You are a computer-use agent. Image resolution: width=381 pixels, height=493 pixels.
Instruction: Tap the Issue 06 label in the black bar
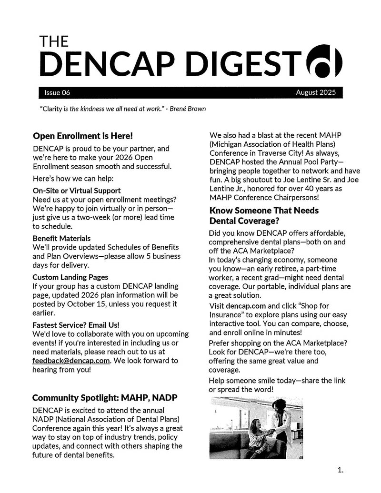[57, 92]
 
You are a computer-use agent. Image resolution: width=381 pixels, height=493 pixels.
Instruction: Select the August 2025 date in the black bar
[315, 92]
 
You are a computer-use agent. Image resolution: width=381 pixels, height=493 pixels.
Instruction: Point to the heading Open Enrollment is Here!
[82, 136]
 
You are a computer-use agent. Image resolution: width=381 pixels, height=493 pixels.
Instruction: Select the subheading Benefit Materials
[61, 238]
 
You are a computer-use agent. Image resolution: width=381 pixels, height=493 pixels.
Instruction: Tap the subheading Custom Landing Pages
[70, 277]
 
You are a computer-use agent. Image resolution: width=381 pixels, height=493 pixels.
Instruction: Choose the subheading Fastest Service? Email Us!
[76, 325]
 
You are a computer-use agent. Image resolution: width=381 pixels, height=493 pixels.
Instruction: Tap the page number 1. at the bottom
[340, 471]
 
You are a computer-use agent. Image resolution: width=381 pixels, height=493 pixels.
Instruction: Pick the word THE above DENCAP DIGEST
[54, 42]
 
